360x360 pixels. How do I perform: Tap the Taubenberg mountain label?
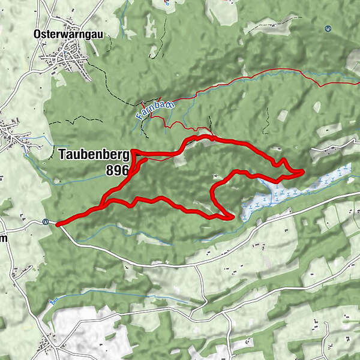point(94,154)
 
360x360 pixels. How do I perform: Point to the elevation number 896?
point(117,170)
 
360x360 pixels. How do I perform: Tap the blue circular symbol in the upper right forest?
point(328,28)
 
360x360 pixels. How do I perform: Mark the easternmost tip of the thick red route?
point(302,173)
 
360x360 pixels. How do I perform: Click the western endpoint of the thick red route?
point(58,224)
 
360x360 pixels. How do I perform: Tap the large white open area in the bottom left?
point(90,333)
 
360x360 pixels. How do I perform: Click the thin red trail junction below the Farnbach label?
point(165,127)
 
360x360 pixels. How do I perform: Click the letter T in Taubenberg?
point(62,154)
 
